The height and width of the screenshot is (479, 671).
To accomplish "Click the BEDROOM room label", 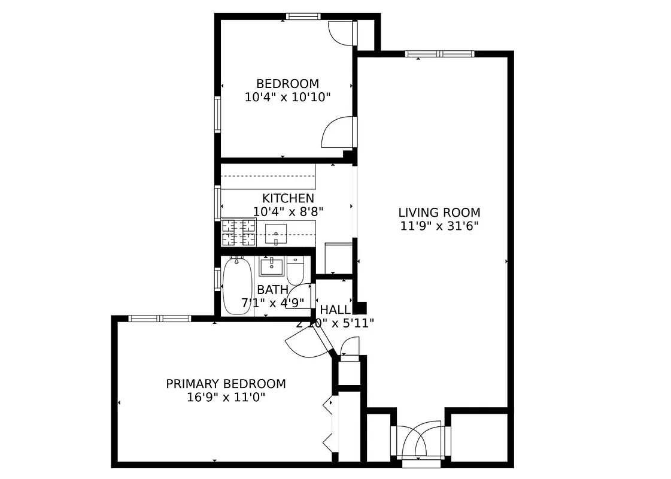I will coord(287,84).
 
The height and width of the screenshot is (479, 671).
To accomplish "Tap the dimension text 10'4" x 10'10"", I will coord(287,97).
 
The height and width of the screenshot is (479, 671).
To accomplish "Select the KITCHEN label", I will coord(287,198).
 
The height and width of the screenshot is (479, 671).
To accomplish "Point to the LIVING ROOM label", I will coord(439,213).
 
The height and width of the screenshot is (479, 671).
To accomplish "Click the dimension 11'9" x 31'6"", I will coord(439,226).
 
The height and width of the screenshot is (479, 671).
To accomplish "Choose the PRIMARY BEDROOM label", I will coord(226,384).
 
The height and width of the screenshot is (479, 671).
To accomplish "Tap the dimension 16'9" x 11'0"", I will coord(226,397).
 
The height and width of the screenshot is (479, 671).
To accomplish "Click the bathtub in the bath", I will coord(238,286).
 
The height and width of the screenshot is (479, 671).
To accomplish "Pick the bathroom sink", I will coord(271,265).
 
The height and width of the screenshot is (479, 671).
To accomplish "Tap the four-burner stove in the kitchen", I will coord(238,233).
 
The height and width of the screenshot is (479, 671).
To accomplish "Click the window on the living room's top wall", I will coord(439,54).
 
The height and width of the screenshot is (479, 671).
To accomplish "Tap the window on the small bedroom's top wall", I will coord(303,16).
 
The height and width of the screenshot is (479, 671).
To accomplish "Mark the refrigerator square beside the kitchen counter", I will coord(338,257).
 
